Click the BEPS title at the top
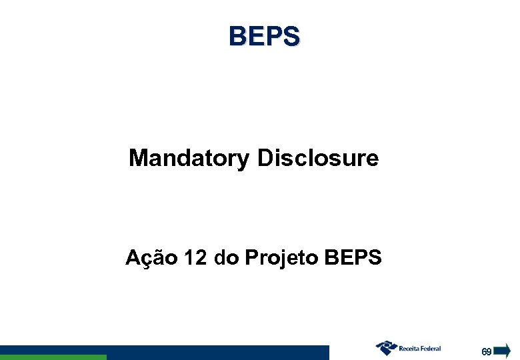point(264,36)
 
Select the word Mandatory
point(189,159)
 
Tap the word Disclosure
point(317,159)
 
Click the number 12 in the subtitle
point(196,257)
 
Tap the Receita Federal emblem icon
point(386,348)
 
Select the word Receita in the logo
point(410,348)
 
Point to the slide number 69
point(487,351)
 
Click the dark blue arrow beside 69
point(502,350)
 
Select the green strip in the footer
point(53,357)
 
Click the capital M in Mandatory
point(138,159)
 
